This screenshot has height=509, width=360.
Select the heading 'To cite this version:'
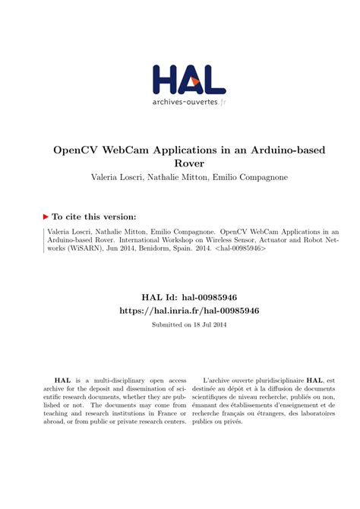(94, 216)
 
